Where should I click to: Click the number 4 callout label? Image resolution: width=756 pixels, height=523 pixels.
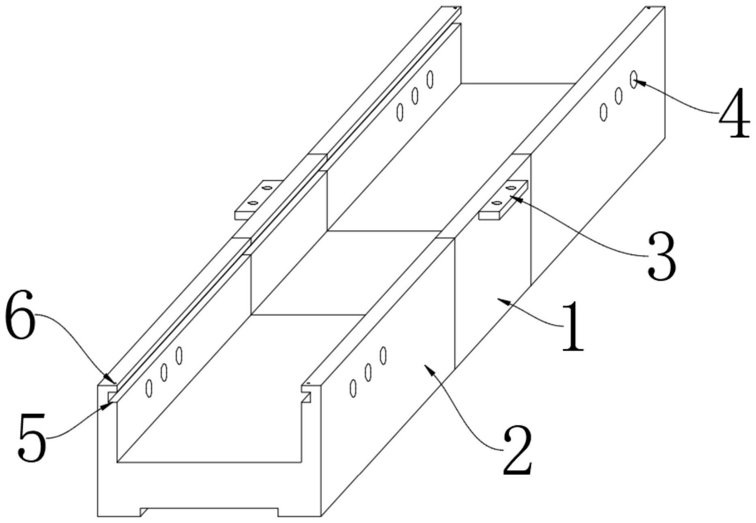[734, 112]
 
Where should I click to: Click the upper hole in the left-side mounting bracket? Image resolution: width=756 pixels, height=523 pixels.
[266, 188]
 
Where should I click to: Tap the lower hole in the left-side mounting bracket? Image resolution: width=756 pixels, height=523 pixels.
[253, 202]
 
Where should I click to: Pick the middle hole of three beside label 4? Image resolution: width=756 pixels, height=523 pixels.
[619, 95]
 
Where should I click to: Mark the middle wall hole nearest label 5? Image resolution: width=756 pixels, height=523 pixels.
[164, 372]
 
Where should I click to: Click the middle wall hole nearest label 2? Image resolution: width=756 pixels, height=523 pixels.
[368, 372]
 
